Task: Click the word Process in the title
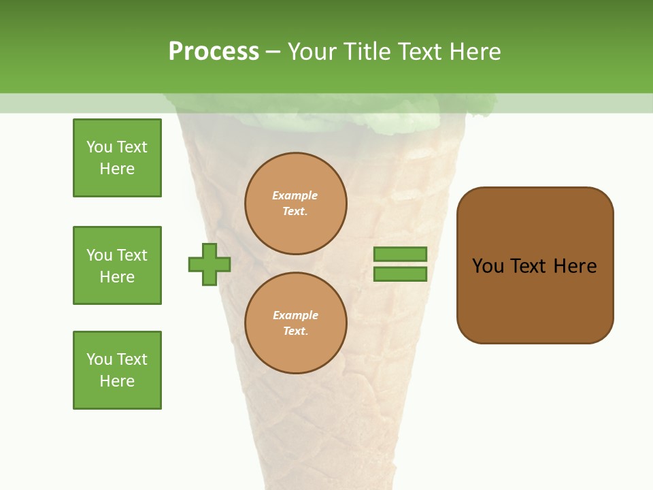[214, 51]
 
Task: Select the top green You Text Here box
[117, 158]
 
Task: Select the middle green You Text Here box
[117, 265]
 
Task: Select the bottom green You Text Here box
[117, 370]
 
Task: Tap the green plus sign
[210, 264]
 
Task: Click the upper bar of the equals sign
[400, 254]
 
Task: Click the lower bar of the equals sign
[400, 274]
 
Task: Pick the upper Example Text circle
[296, 203]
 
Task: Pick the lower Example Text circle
[296, 323]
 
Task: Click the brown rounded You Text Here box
[535, 265]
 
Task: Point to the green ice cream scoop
[320, 116]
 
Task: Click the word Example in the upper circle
[295, 195]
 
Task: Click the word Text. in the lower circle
[295, 331]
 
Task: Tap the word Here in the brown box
[575, 266]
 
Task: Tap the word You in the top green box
[99, 147]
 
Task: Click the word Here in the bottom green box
[117, 381]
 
